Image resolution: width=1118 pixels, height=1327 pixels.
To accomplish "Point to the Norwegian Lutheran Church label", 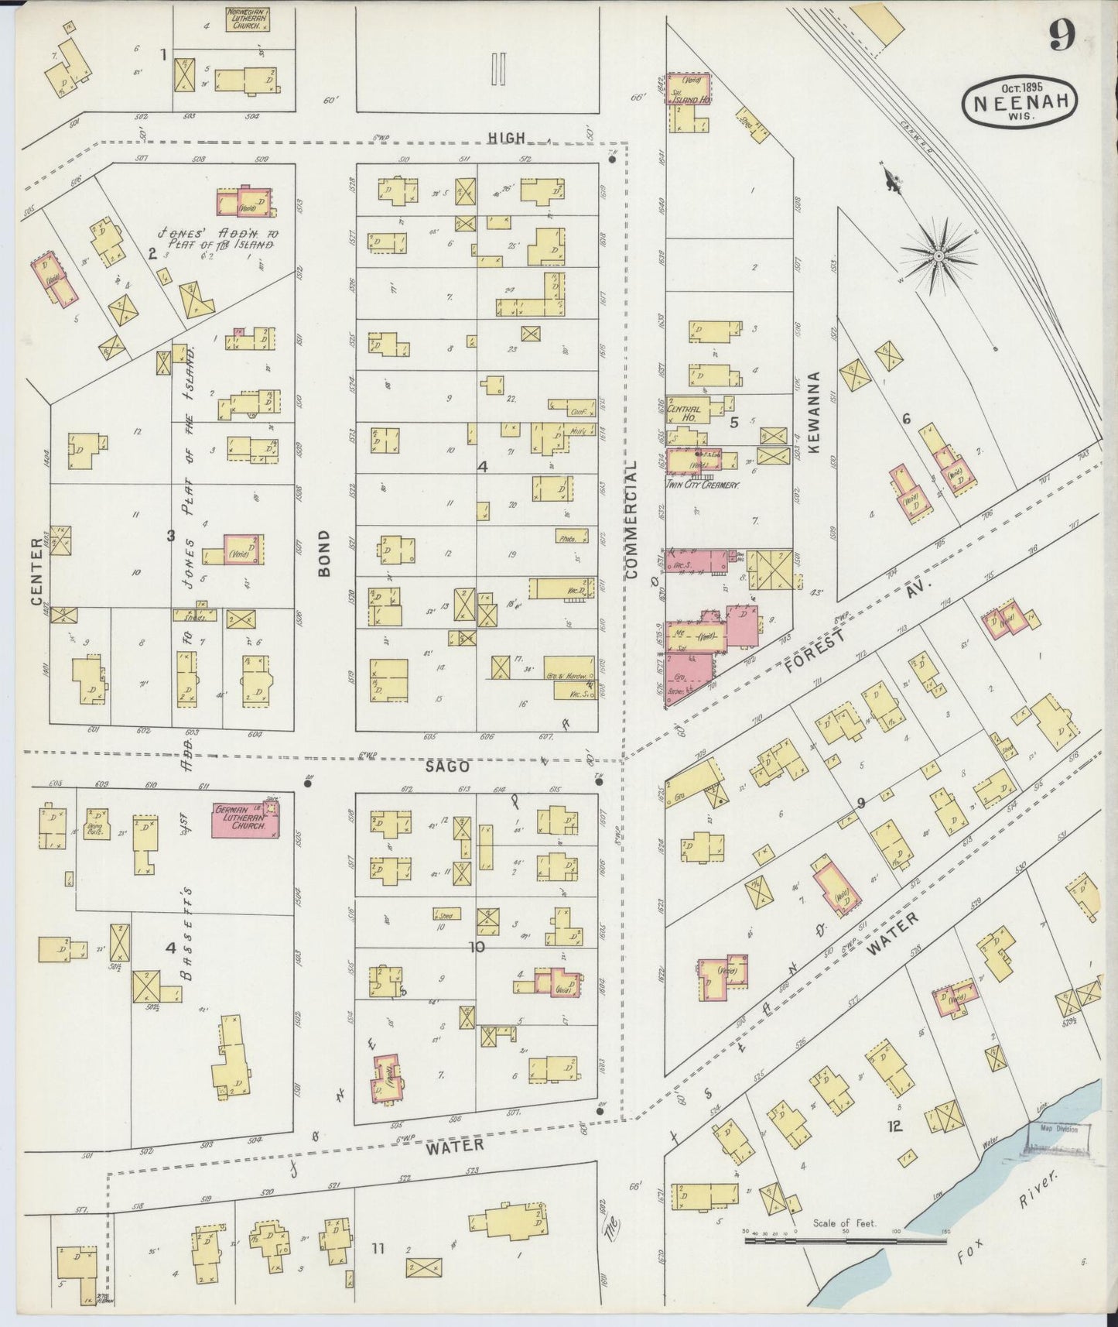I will [x=247, y=19].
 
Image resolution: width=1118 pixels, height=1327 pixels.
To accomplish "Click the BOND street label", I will [x=323, y=553].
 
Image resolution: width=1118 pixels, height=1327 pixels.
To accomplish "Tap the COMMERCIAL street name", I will [x=631, y=519].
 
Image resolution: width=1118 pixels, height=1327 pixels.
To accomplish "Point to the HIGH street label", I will [x=506, y=138].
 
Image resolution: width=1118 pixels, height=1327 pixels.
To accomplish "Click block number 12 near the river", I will [x=894, y=1126].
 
